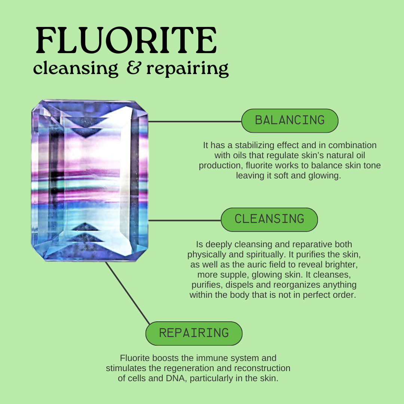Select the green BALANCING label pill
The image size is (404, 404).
[x=290, y=120]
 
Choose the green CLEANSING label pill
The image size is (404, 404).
[x=269, y=219]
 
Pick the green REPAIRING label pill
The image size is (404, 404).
[x=194, y=333]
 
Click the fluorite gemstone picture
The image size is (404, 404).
[x=90, y=180]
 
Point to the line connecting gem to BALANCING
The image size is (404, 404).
[x=195, y=121]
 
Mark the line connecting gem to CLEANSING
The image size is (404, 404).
[x=185, y=220]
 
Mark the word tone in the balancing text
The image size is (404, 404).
[x=372, y=165]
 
